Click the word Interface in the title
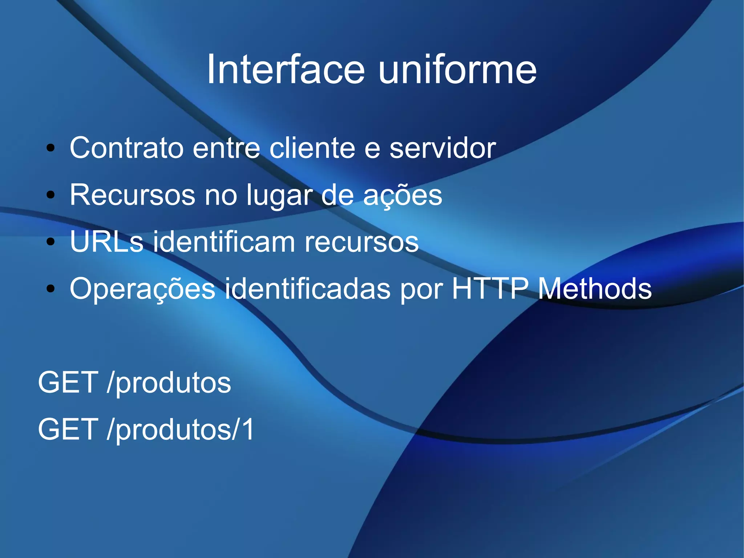pyautogui.click(x=286, y=69)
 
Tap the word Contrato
pyautogui.click(x=126, y=148)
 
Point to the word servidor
pyautogui.click(x=442, y=148)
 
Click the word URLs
pyautogui.click(x=106, y=242)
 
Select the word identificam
pyautogui.click(x=224, y=242)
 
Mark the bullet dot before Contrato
pyautogui.click(x=50, y=148)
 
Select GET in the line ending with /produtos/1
pyautogui.click(x=68, y=429)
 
